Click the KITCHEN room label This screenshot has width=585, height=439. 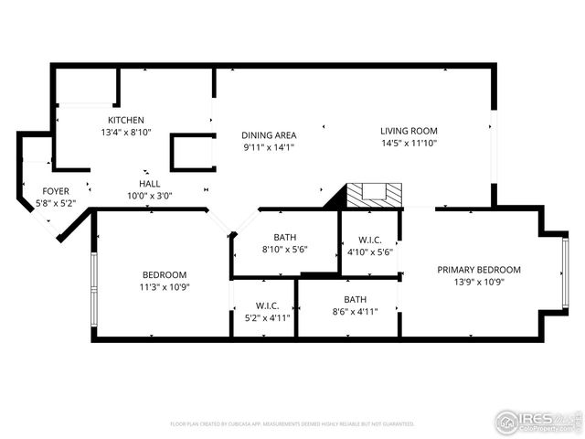point(126,120)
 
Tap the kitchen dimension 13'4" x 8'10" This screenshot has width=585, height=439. point(126,132)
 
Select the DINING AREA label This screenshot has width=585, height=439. point(269,134)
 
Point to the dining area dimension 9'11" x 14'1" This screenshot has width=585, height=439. point(269,146)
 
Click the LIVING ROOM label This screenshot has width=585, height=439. point(409,130)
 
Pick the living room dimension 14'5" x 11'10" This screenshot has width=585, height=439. point(409,143)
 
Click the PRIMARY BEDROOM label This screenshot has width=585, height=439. point(478,269)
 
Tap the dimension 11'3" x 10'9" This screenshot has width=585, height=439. point(165,287)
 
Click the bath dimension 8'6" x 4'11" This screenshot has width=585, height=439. point(355,311)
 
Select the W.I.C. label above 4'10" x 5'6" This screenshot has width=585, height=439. point(369,240)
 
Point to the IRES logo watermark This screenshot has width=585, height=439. point(537,421)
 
